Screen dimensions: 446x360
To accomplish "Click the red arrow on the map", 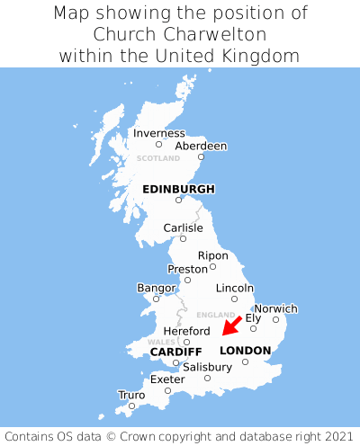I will point(231,326).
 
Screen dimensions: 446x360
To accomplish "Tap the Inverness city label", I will point(158,133).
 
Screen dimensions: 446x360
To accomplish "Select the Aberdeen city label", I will point(201,146).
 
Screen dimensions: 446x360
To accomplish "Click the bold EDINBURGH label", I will point(178,189).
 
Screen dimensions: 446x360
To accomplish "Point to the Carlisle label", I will point(183,227).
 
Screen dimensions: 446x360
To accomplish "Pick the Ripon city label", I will point(213,255).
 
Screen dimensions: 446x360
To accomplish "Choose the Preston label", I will point(187,269).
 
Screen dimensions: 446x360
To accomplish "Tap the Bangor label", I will point(156,288).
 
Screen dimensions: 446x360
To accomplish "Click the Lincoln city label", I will point(235,288).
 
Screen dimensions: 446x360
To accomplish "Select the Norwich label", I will point(275,308).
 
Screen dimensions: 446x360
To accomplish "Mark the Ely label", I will point(253,317).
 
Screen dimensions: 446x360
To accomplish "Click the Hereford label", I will point(186,331).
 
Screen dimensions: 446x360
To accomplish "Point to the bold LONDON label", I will point(245,351).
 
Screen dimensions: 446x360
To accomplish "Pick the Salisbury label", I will point(207,367).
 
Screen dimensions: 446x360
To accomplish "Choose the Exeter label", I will point(167,379).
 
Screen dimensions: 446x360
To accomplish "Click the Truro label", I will point(131,395).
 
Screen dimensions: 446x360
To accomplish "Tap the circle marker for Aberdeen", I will point(201,157).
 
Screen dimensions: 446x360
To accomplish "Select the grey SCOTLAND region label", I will point(158,158).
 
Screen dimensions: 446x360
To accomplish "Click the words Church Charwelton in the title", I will point(180,34).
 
